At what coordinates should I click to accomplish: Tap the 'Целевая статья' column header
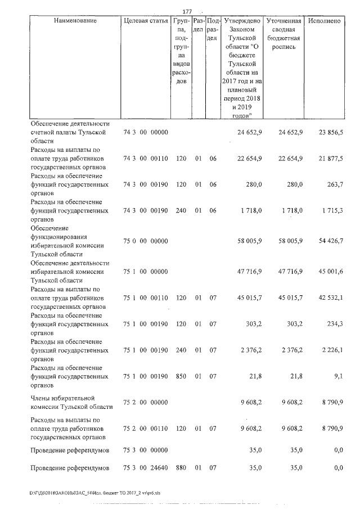pos(146,21)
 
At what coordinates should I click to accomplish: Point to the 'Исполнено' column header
pos(325,21)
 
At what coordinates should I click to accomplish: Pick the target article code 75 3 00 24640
pos(146,468)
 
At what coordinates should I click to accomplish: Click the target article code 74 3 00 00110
pos(146,159)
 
